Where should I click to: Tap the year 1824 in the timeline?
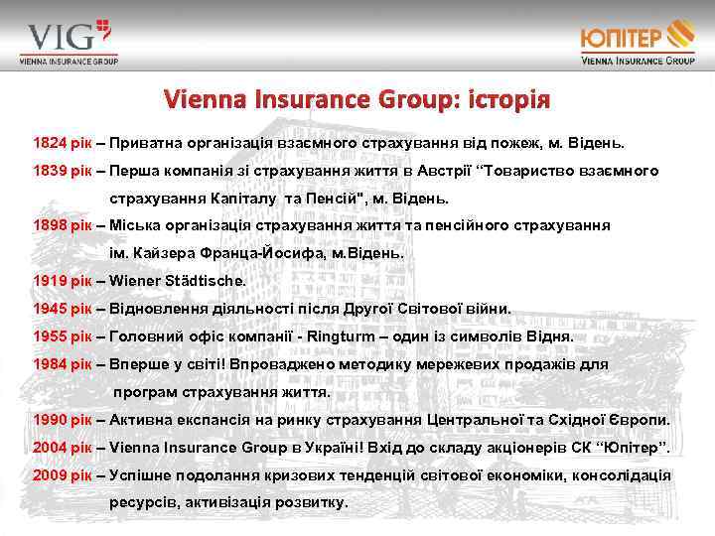[x=51, y=143]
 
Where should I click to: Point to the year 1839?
[x=51, y=171]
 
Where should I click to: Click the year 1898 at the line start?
[x=51, y=225]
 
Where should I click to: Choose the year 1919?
[x=51, y=281]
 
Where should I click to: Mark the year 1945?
[x=51, y=309]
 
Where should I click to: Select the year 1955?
[x=51, y=336]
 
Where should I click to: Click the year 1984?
[x=51, y=364]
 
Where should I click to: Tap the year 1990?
[x=51, y=420]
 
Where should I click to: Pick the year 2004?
[x=51, y=448]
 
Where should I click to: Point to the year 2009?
[x=51, y=475]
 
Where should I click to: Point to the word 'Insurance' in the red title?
[x=294, y=101]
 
